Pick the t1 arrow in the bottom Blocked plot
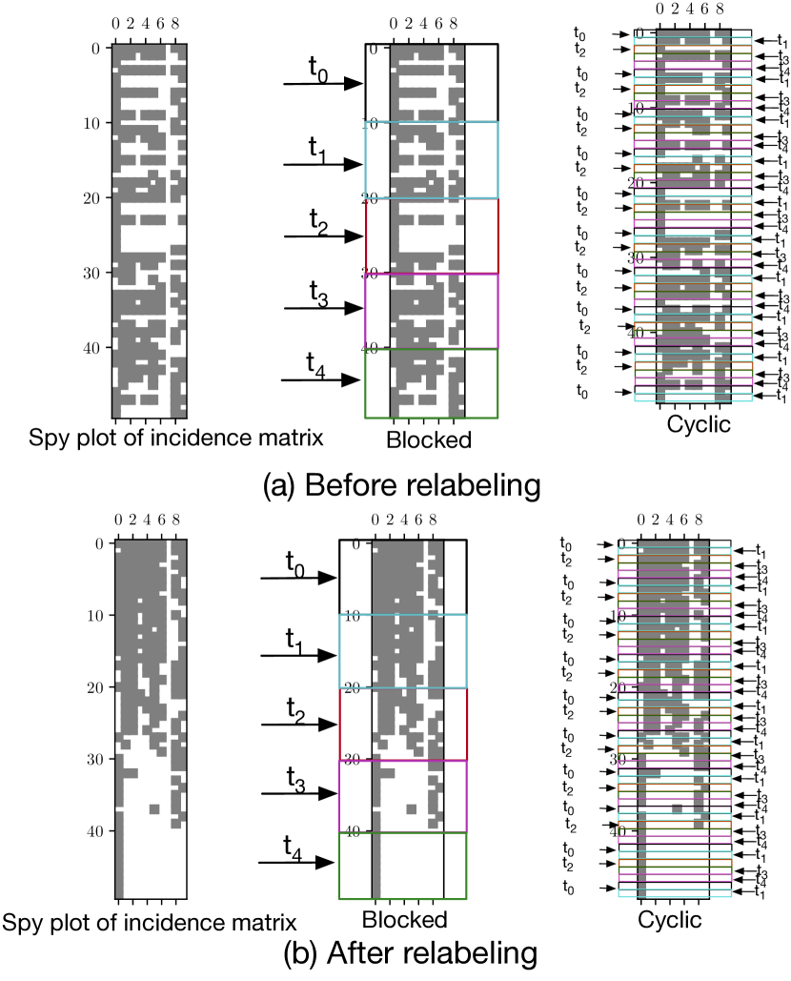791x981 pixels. [x=298, y=655]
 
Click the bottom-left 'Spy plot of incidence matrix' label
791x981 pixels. [x=149, y=922]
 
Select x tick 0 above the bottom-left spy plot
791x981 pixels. [x=118, y=520]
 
